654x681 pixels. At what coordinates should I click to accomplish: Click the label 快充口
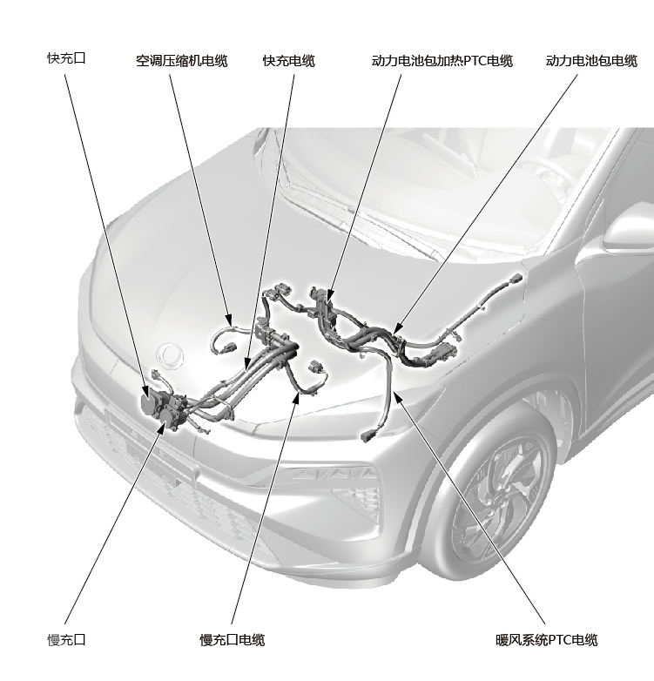point(66,58)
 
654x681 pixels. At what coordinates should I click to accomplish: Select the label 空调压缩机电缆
point(181,61)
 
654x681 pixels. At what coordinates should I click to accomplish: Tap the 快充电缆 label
point(289,61)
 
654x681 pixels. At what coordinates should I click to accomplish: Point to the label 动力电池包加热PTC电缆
point(442,61)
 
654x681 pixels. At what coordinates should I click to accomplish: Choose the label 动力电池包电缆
point(591,61)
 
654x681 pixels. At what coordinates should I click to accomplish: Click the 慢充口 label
point(66,640)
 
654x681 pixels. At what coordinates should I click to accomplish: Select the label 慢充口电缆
point(233,640)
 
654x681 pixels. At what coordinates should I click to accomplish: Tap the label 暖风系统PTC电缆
point(547,640)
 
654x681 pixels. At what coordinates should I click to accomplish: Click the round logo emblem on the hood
point(170,355)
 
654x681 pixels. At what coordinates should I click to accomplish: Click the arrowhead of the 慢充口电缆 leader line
point(298,397)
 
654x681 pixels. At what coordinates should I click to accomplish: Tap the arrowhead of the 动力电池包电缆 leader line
point(396,329)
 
